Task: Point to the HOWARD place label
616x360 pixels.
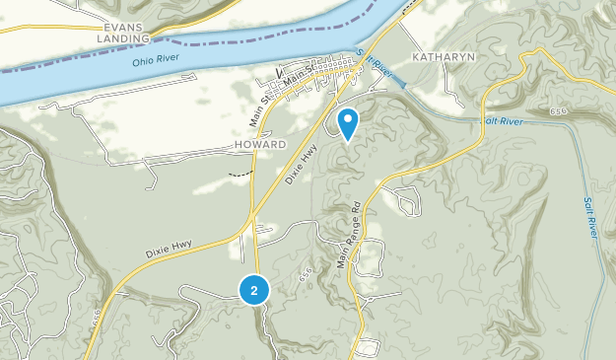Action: tap(260, 144)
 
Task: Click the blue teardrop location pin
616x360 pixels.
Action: tap(348, 123)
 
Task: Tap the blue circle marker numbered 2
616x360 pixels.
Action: tap(254, 290)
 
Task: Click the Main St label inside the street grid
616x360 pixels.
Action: tap(324, 69)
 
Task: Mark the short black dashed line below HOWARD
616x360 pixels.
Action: tap(238, 173)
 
